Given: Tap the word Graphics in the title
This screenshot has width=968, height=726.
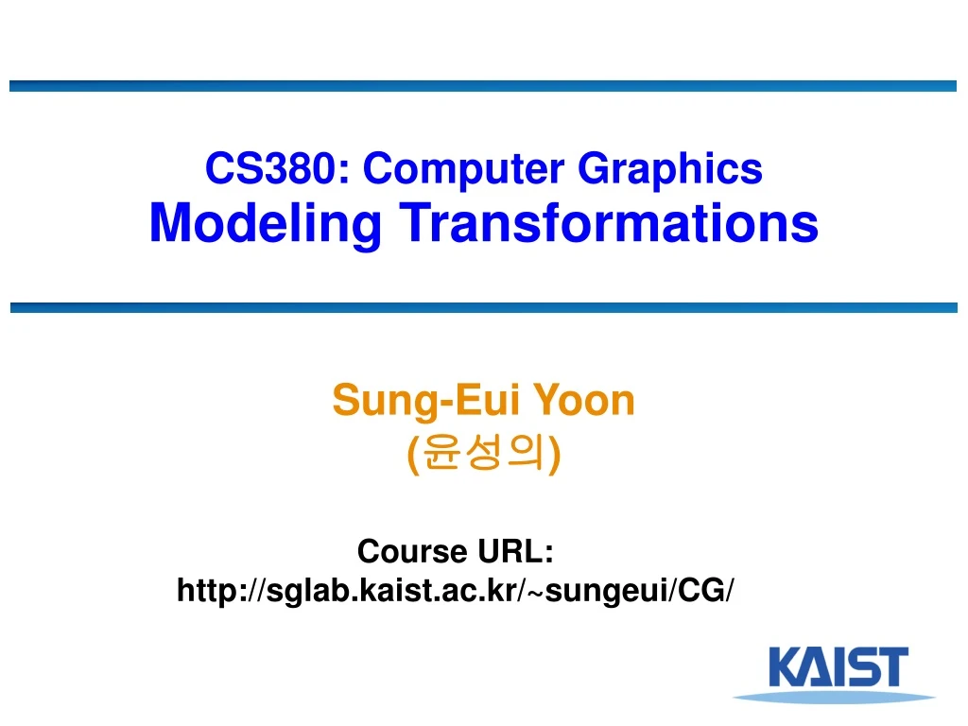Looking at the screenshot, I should (669, 170).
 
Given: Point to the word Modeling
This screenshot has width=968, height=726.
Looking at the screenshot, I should (266, 224).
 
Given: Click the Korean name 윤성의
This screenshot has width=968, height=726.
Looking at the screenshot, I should (484, 455).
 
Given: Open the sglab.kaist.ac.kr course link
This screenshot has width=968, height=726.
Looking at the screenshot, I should (455, 591).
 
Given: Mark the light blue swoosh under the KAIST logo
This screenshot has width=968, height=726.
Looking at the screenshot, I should (821, 698).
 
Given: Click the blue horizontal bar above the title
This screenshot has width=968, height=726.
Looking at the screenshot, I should (483, 86).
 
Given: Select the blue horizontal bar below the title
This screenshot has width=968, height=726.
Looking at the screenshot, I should (483, 307).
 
